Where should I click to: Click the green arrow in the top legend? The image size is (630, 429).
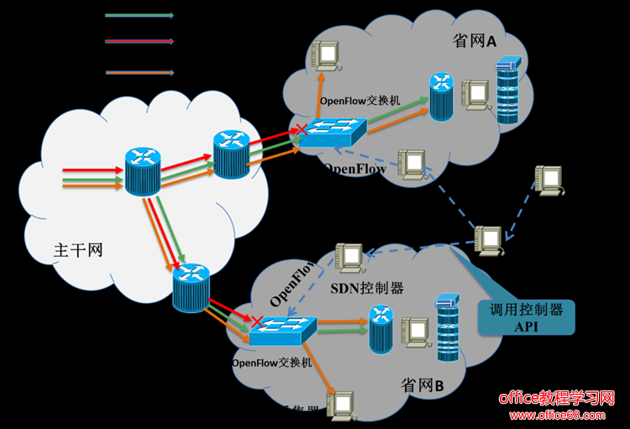139,14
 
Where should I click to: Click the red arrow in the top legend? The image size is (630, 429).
139,40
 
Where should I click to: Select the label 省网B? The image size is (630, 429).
423,385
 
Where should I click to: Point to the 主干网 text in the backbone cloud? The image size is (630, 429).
78,249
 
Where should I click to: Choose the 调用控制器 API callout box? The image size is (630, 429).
526,317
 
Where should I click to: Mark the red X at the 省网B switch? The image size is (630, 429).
256,322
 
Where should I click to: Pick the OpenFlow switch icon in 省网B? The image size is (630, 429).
282,330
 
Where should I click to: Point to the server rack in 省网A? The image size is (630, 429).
508,92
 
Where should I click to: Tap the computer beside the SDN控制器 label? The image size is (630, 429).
349,259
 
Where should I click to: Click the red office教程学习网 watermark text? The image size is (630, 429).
558,397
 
